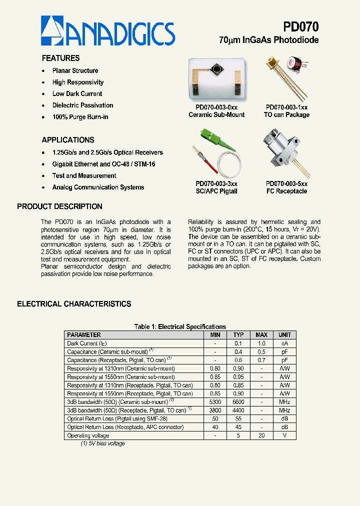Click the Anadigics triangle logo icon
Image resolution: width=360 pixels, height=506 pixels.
[52, 30]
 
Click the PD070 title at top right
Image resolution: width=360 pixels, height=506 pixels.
[300, 26]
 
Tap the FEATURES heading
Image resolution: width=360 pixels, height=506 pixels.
[60, 58]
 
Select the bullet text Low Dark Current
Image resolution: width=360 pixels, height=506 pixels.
[77, 94]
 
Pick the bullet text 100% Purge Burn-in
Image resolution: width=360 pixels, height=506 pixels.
[80, 117]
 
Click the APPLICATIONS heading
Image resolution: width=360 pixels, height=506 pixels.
[68, 140]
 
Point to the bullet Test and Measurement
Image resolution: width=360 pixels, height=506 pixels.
[84, 176]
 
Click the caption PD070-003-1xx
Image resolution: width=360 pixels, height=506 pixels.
[286, 107]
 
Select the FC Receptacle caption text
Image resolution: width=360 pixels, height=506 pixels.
[286, 191]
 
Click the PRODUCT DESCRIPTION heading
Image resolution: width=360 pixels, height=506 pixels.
[59, 206]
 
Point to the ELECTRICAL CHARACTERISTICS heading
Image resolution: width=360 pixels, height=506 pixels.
[74, 304]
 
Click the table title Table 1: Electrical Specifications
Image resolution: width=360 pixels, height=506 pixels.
[180, 326]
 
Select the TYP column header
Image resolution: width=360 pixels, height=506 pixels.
[238, 335]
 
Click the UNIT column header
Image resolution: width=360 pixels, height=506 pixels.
[284, 335]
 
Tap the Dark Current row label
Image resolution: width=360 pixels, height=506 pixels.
[87, 343]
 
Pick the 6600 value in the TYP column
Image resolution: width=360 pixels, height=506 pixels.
[238, 402]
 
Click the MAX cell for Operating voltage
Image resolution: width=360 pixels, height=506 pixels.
[261, 435]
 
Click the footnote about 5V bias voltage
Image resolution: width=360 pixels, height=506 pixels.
[103, 443]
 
